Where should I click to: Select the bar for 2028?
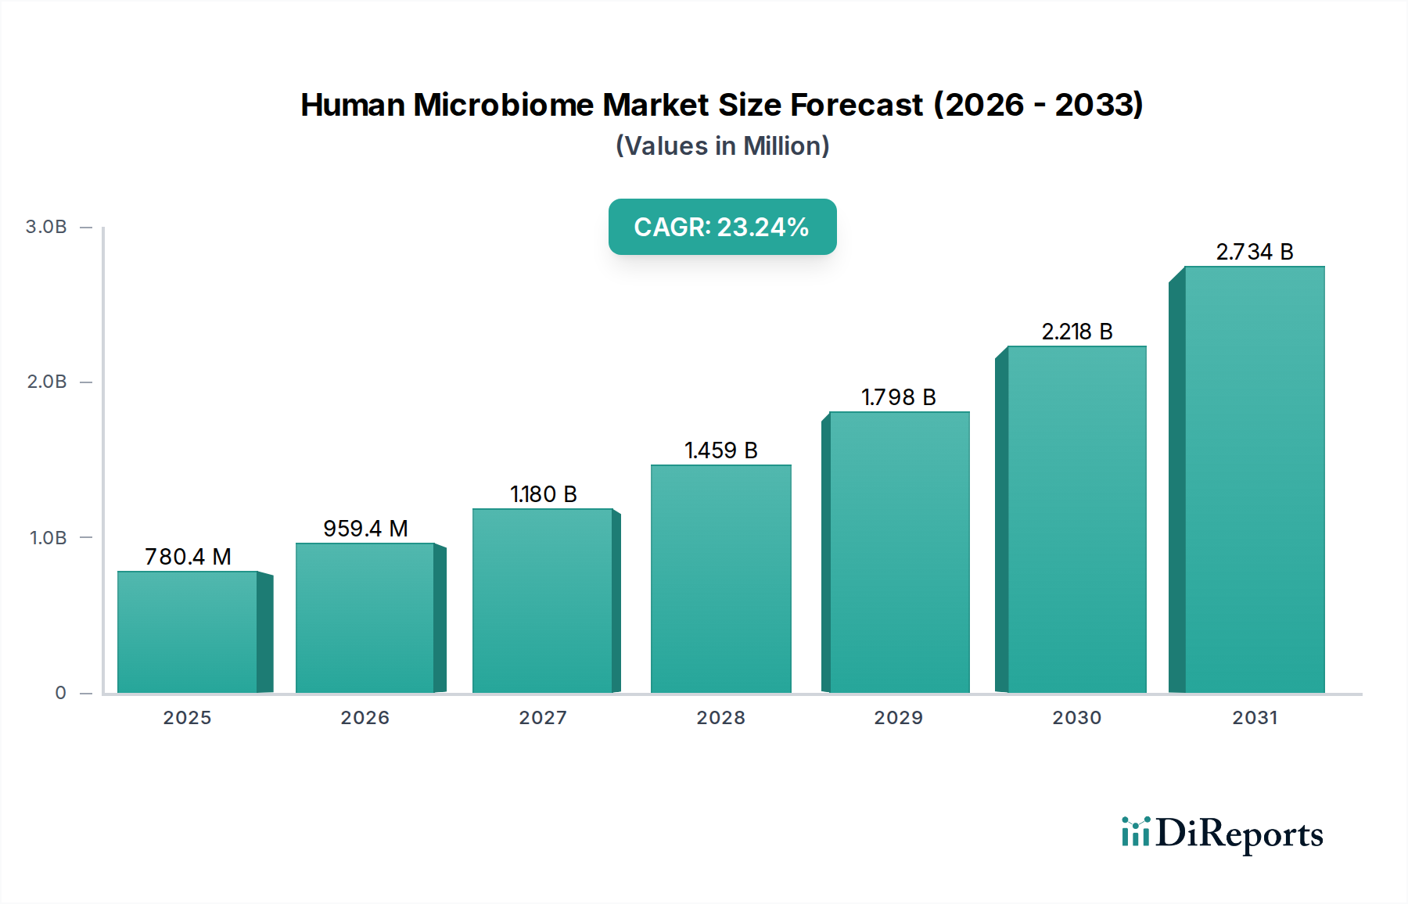pos(720,579)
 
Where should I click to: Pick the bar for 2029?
pos(899,552)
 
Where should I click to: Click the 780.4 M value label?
pos(188,557)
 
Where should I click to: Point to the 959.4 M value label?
pos(365,529)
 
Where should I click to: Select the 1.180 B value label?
pos(544,494)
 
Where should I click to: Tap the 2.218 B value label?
pos(1077,332)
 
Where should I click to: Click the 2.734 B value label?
pos(1254,252)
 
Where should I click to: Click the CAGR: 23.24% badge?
pos(722,227)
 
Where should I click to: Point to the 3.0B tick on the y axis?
pos(46,227)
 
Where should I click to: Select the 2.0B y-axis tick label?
pos(47,382)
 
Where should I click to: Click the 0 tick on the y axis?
pos(61,693)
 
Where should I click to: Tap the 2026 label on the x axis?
pos(365,718)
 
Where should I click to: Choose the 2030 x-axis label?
pos(1076,718)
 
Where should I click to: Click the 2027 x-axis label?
pos(543,718)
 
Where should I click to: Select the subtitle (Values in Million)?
pos(722,146)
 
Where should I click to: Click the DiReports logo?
pos(1222,834)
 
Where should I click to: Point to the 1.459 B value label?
pos(720,450)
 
